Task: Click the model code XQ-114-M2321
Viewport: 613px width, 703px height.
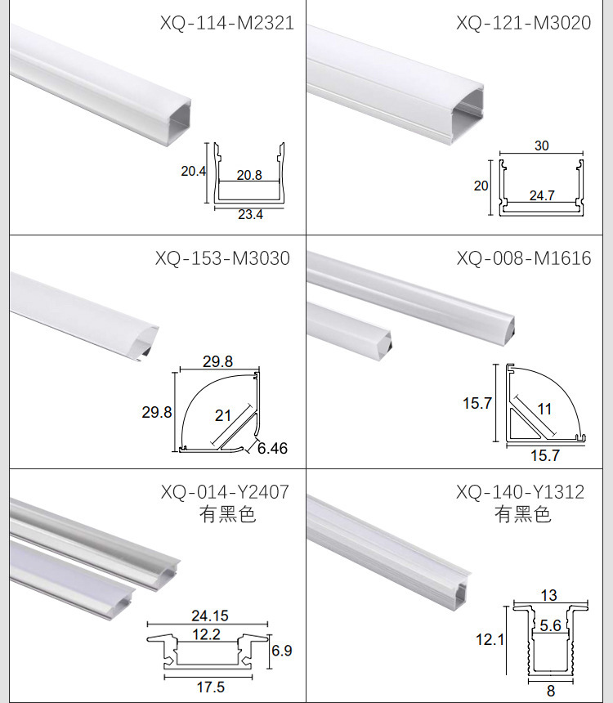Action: (227, 23)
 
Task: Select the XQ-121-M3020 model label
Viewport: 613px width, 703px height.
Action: (524, 23)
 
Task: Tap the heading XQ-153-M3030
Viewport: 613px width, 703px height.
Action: (223, 258)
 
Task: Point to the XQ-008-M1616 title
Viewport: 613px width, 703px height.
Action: (524, 258)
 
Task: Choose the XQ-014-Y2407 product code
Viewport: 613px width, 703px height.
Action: (225, 492)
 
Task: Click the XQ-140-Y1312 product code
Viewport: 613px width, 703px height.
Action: (521, 492)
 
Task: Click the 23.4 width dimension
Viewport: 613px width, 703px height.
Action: (250, 215)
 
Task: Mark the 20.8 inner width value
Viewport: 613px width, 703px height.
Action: (249, 175)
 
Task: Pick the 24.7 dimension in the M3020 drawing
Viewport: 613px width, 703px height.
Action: (542, 195)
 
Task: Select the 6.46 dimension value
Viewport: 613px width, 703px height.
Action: (273, 448)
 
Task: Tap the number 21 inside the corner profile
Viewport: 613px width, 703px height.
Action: (223, 415)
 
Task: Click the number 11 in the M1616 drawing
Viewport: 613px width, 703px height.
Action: (544, 409)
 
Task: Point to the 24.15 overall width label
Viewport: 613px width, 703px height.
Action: (210, 616)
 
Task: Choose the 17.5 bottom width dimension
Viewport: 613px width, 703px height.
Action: (211, 687)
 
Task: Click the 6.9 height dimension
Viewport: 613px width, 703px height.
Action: (282, 650)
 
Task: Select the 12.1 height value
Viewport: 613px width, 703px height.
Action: (490, 639)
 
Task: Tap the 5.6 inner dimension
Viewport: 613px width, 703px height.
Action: (550, 625)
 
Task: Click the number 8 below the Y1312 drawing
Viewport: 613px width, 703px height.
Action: (551, 691)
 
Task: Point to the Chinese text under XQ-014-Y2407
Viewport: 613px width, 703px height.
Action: (228, 514)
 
